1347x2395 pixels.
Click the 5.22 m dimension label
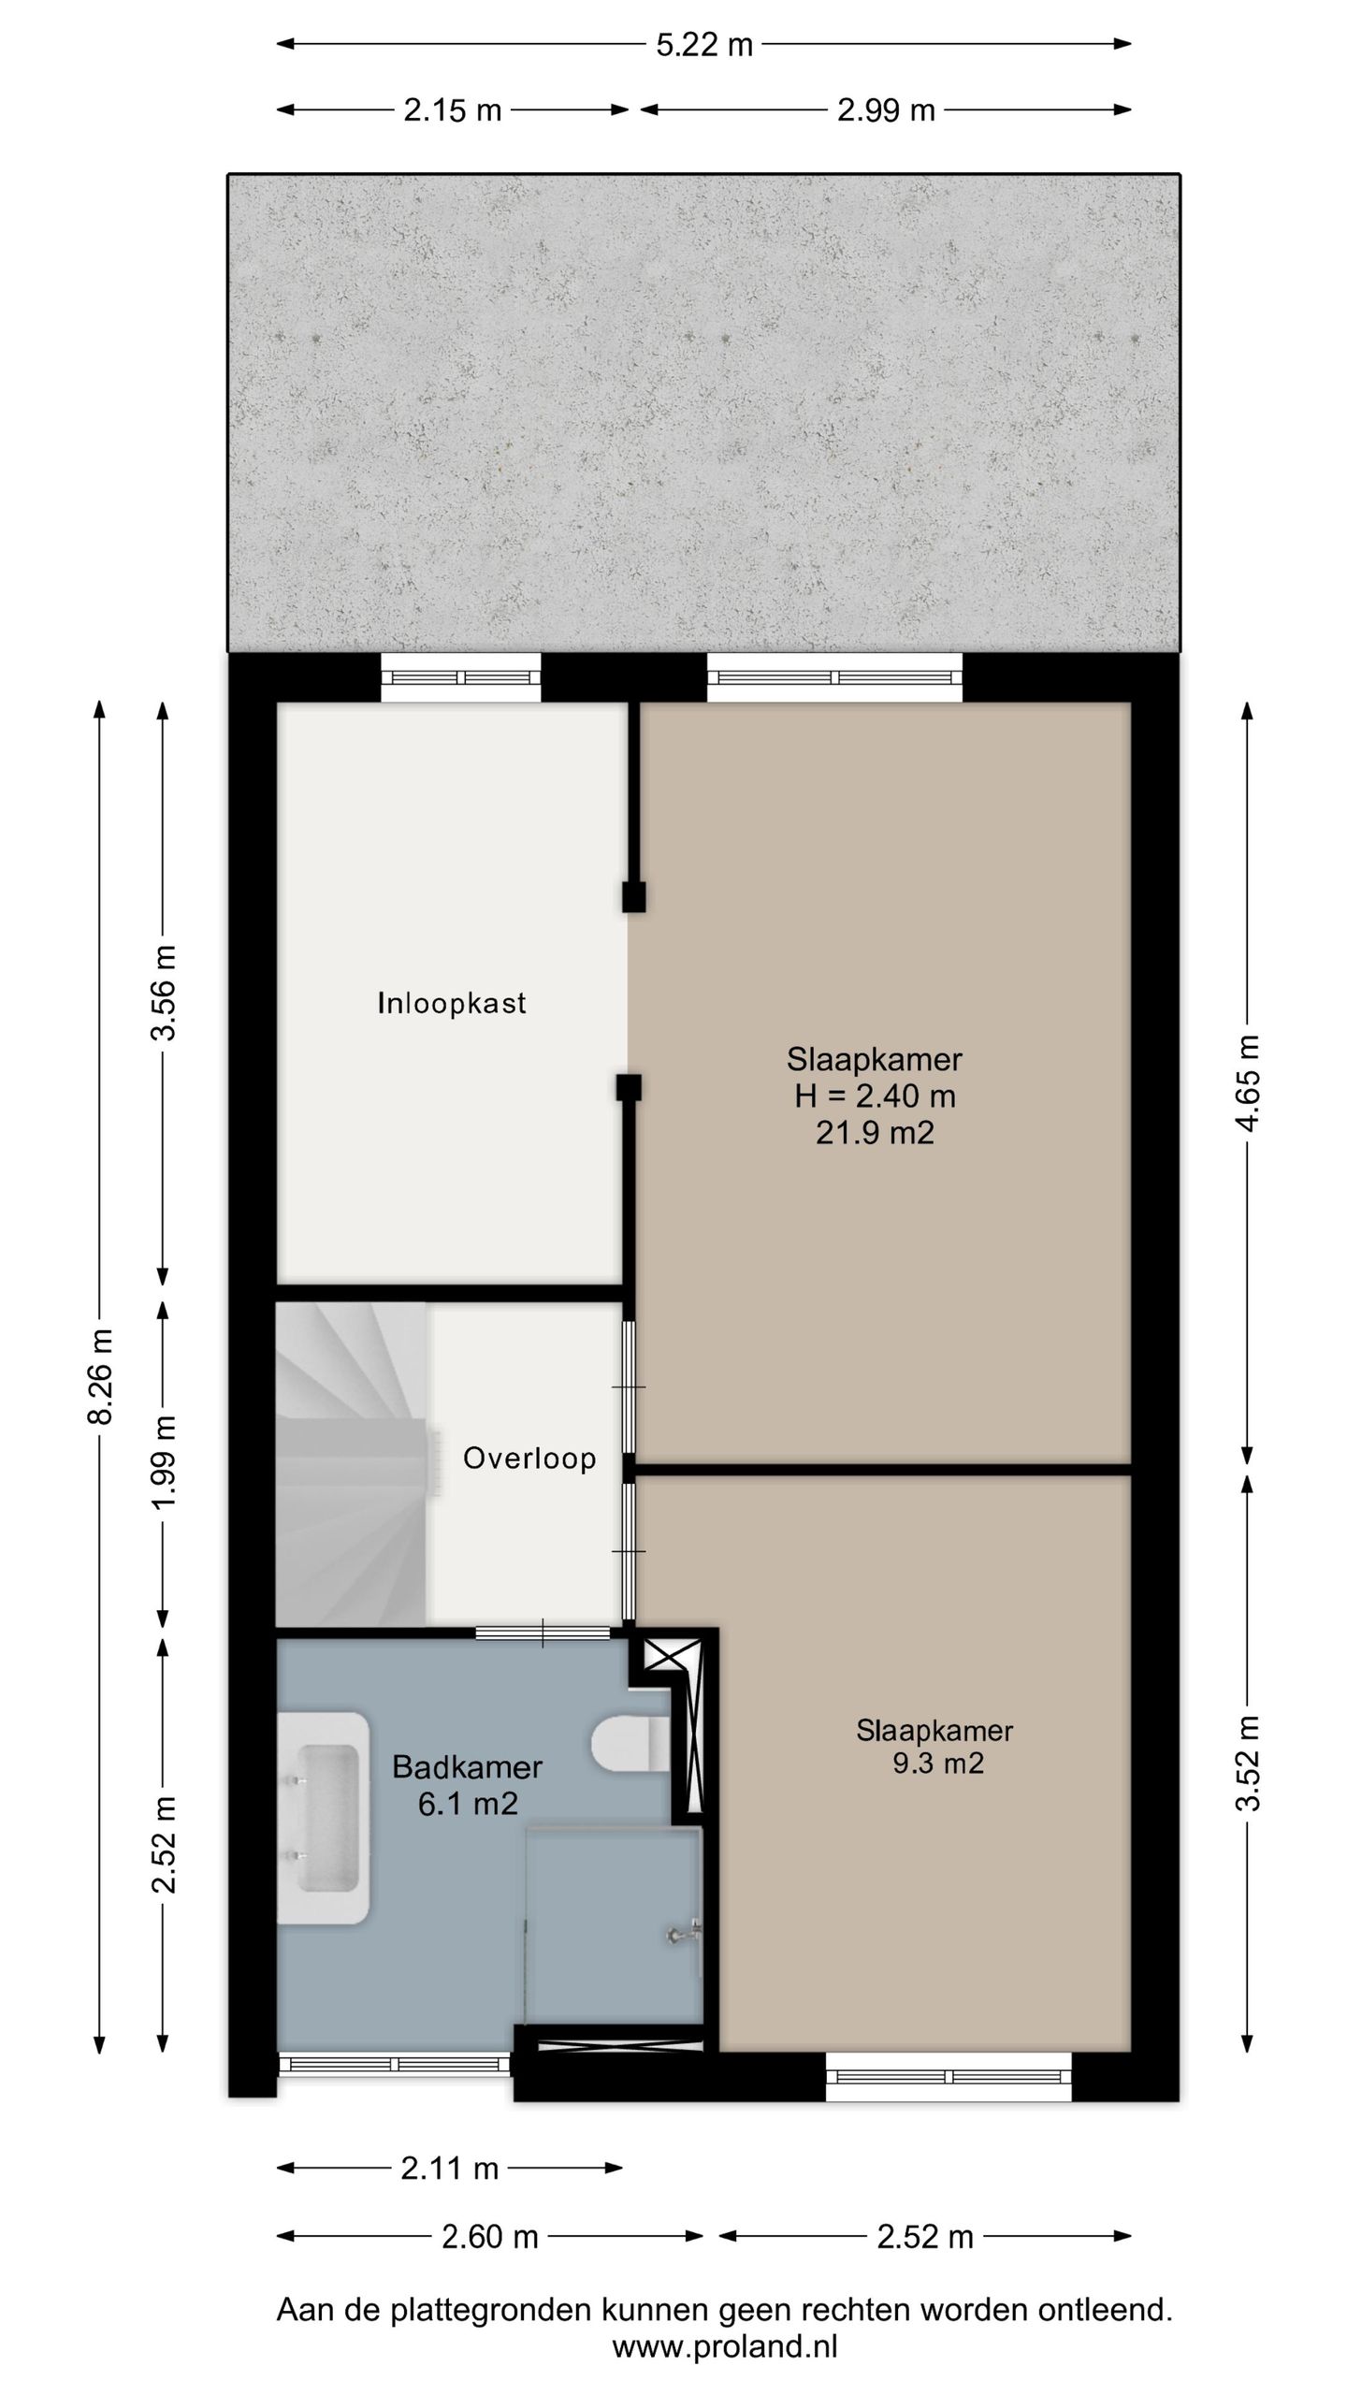(703, 45)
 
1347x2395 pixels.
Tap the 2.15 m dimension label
(453, 110)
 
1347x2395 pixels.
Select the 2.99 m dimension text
(886, 110)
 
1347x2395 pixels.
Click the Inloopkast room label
(452, 1003)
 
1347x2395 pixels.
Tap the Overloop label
(529, 1458)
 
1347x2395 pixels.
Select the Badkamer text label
(467, 1766)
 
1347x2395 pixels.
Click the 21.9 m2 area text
(875, 1133)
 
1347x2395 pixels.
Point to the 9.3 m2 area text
(938, 1764)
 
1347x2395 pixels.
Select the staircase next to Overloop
(352, 1464)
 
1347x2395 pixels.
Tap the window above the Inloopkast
(460, 678)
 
